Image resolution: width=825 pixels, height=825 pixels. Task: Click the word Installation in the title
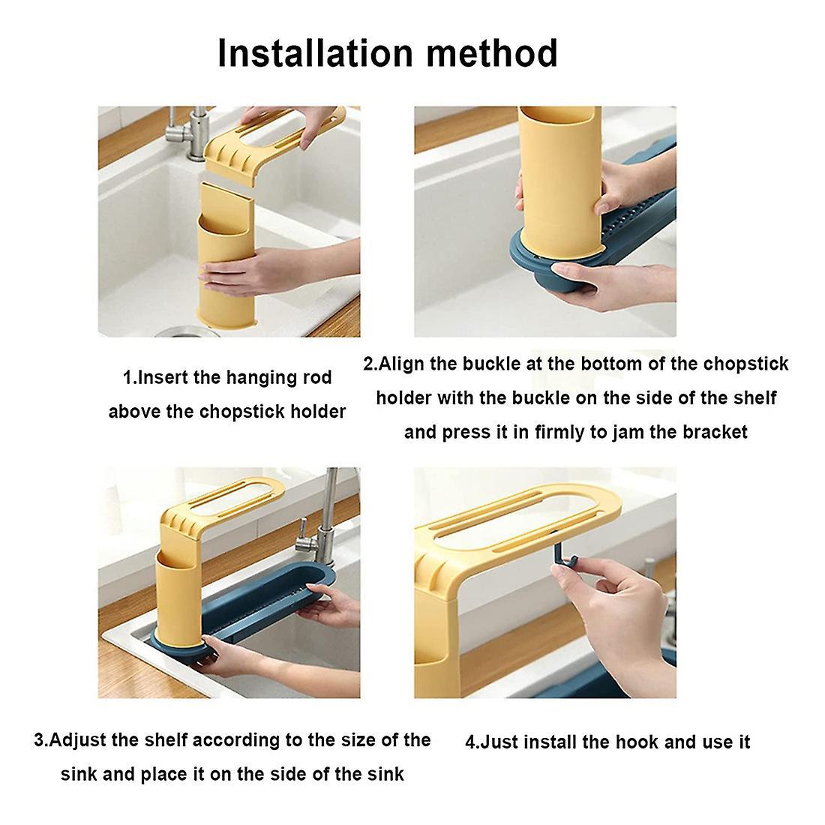[x=315, y=53]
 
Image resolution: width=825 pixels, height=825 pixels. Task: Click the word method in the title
[x=491, y=53]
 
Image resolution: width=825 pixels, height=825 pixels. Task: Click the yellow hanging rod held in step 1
[x=274, y=145]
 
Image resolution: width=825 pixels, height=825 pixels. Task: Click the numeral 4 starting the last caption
[x=470, y=742]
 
